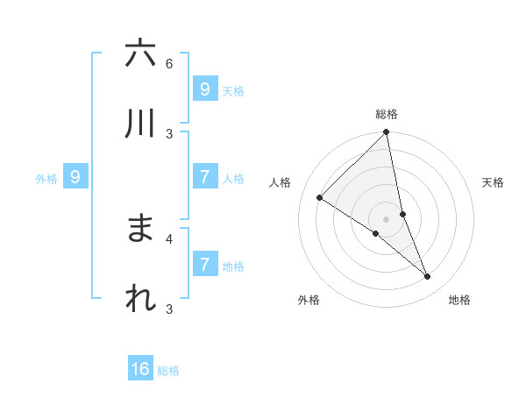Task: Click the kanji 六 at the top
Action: click(x=139, y=53)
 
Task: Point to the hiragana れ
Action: click(x=139, y=299)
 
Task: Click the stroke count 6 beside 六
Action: click(x=169, y=63)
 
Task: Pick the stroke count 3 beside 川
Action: click(x=169, y=133)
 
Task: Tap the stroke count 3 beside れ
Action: click(x=169, y=309)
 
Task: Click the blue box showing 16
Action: click(x=140, y=369)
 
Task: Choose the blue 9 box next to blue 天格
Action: click(x=204, y=89)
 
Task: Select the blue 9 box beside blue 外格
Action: click(x=75, y=177)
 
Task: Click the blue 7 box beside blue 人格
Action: click(x=204, y=177)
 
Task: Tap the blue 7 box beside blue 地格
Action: click(x=204, y=264)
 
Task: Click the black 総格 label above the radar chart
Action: click(x=387, y=114)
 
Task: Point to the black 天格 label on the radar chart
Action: click(x=493, y=182)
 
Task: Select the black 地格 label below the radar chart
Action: click(x=459, y=300)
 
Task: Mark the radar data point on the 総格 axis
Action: click(x=387, y=133)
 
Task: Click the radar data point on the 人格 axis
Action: click(x=320, y=198)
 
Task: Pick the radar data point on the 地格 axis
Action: click(x=428, y=277)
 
